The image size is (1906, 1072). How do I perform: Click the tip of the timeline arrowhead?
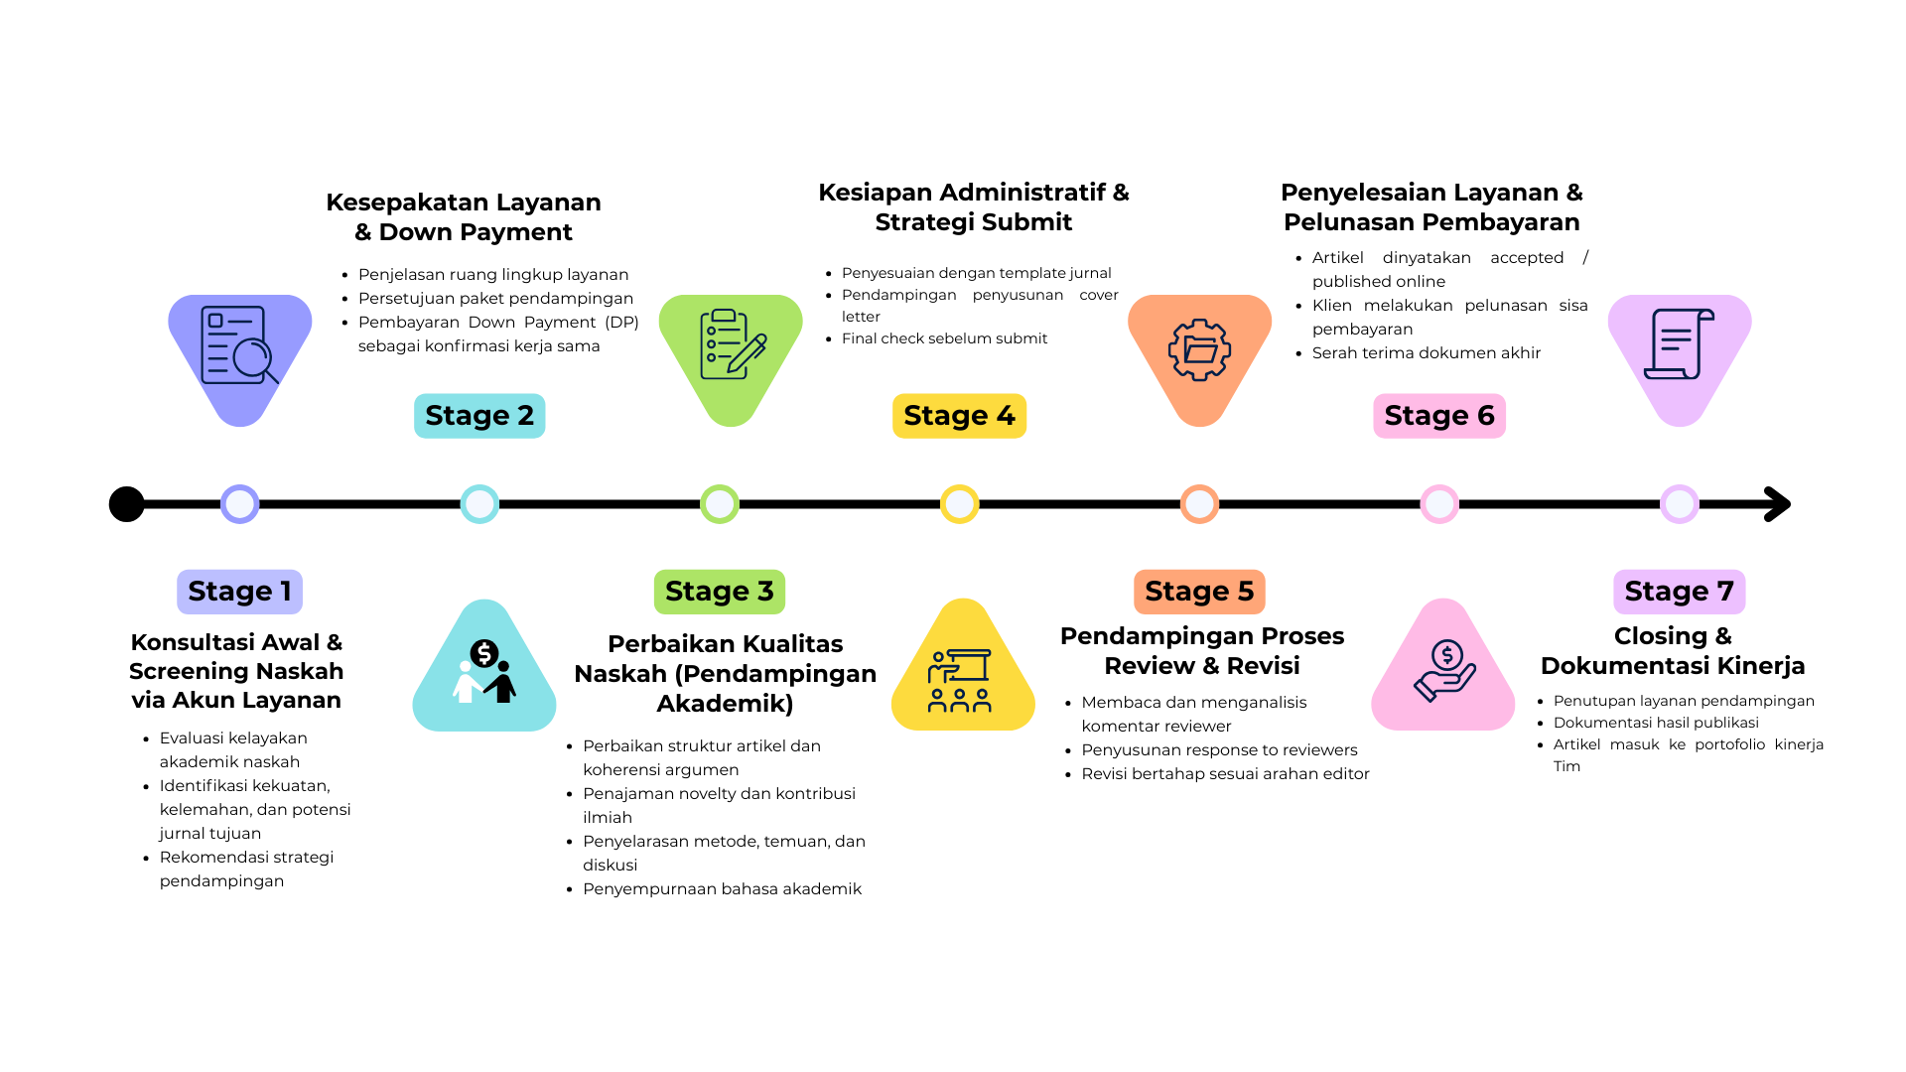click(x=1790, y=504)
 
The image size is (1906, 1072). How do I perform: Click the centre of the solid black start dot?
click(x=127, y=504)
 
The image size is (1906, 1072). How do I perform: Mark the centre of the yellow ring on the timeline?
click(x=960, y=504)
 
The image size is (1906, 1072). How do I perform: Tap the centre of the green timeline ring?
click(x=720, y=504)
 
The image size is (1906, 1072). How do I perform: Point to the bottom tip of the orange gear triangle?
click(x=1200, y=427)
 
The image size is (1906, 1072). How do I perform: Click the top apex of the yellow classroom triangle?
click(x=963, y=600)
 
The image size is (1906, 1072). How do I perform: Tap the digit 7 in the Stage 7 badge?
click(x=1725, y=592)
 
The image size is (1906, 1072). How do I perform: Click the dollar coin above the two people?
click(x=484, y=653)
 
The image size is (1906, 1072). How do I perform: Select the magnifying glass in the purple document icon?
click(x=255, y=361)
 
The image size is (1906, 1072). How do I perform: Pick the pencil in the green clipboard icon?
click(x=747, y=354)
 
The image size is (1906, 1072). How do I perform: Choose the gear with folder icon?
click(x=1200, y=349)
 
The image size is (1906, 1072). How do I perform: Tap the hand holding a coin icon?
click(x=1444, y=670)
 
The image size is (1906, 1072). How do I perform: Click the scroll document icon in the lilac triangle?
click(x=1680, y=343)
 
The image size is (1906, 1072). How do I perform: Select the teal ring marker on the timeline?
click(x=479, y=504)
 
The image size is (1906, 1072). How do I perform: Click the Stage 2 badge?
click(x=479, y=416)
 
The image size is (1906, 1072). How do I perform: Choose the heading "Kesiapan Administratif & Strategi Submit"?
click(x=974, y=206)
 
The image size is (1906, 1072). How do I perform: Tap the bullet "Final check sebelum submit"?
click(x=944, y=338)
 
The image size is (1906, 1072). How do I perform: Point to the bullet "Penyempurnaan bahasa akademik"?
click(x=722, y=888)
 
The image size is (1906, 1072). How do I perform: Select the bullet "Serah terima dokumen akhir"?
click(x=1426, y=352)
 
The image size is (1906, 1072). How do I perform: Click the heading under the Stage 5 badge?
click(x=1202, y=650)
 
